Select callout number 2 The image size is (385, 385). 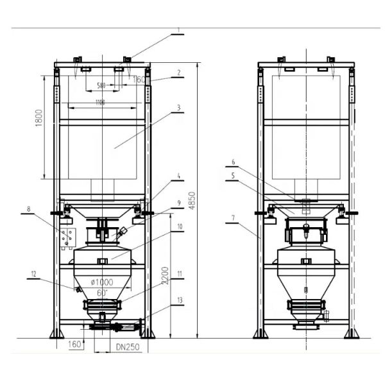point(180,73)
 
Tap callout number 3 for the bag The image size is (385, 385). point(180,108)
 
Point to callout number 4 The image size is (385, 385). point(180,175)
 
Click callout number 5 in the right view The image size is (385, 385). point(234,174)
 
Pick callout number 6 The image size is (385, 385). point(234,163)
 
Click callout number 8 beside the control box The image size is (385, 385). point(47,209)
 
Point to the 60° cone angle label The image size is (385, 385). point(101,293)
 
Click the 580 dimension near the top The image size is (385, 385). point(101,85)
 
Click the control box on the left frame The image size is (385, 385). point(67,237)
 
